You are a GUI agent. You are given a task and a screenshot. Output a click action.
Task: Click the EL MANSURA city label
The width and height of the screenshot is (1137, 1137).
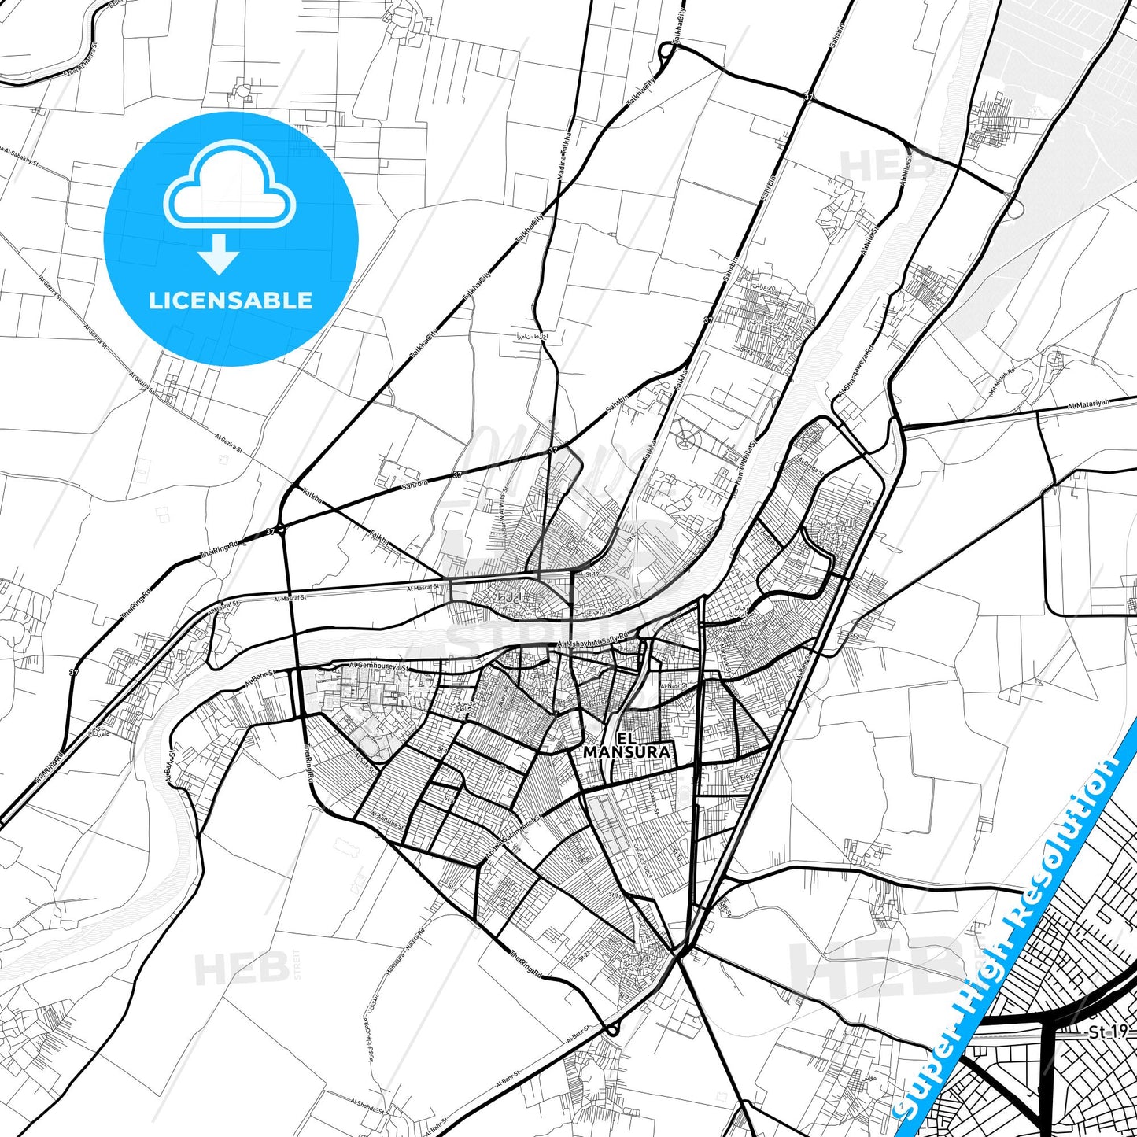(627, 745)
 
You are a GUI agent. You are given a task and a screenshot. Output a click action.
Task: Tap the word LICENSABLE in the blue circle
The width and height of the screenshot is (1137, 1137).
(231, 301)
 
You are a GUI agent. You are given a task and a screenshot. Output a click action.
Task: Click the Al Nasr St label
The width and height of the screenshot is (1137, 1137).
(674, 686)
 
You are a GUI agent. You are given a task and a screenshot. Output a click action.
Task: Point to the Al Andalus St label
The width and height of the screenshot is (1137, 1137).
(386, 821)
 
